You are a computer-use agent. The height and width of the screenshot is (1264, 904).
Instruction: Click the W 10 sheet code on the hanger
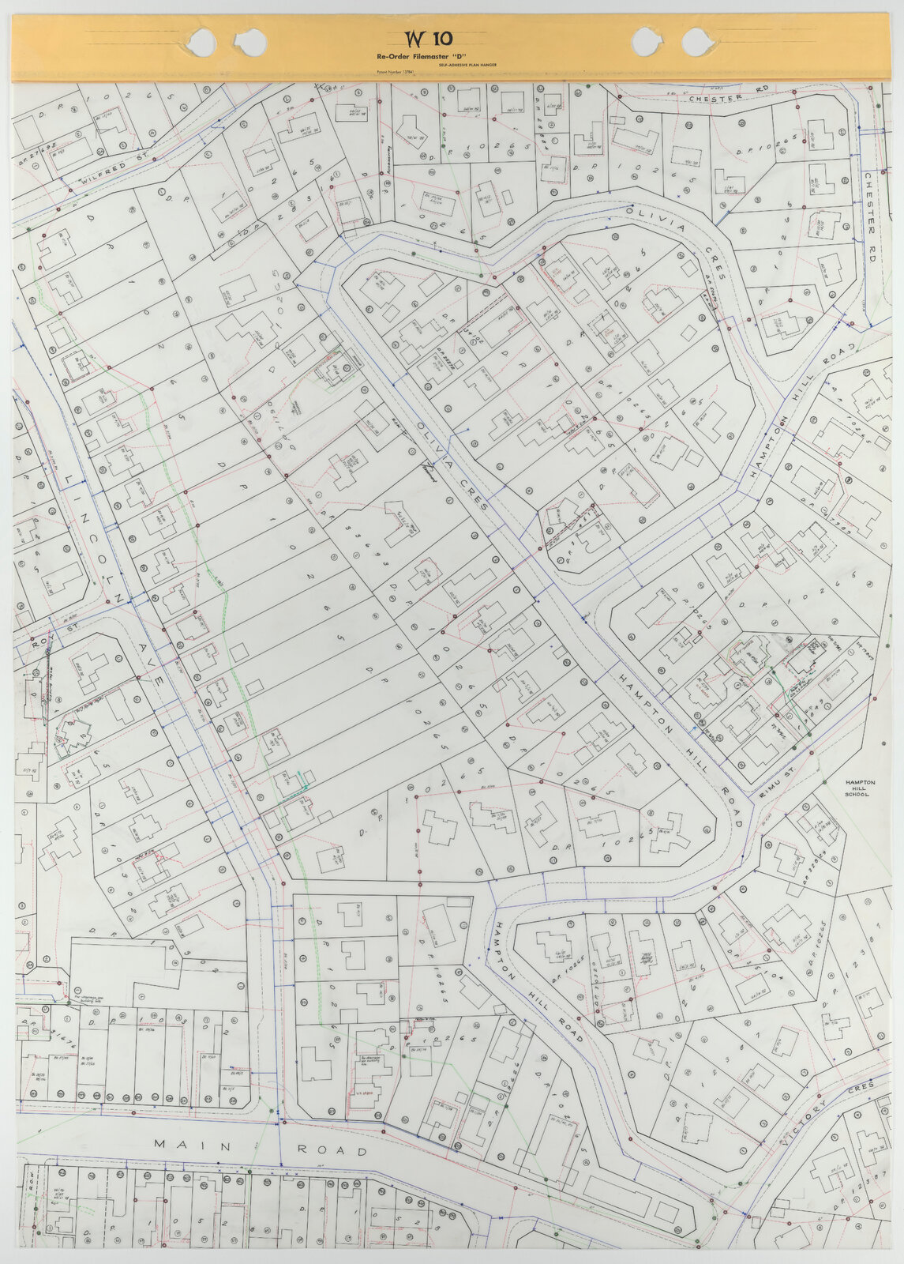click(x=423, y=38)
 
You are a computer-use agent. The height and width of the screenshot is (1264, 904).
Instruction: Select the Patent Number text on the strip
click(x=396, y=72)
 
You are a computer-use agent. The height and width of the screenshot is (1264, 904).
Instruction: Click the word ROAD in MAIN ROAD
click(x=332, y=1150)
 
